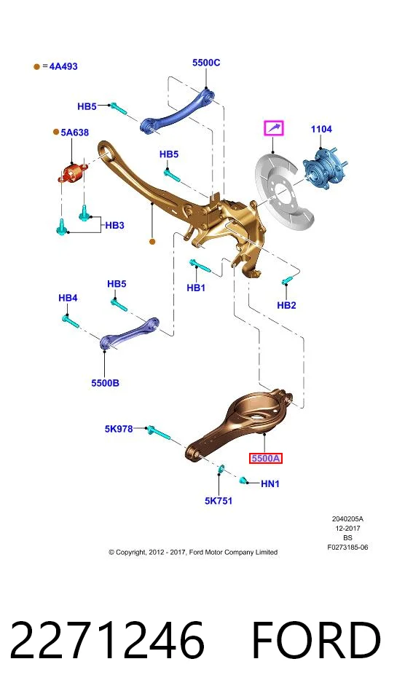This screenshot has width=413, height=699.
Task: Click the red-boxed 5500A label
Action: pos(265,458)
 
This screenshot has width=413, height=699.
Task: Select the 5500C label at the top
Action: pos(206,63)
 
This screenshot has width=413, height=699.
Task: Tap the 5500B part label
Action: pos(106,382)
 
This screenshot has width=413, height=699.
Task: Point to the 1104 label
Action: pos(321,129)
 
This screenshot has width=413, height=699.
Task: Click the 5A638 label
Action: pos(74,133)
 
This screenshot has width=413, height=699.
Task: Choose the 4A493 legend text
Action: pos(63,66)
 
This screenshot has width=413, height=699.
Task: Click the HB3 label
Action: pos(114,225)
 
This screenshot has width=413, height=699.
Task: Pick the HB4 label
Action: pos(68,297)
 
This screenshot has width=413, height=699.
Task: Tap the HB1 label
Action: pos(196,288)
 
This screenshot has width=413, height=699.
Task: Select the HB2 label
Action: pos(286,305)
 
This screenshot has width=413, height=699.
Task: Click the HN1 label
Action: pos(270,483)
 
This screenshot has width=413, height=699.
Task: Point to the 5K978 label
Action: pos(119,428)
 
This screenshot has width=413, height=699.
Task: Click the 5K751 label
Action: pos(219,501)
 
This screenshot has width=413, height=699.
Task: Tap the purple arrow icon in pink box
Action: pos(273,128)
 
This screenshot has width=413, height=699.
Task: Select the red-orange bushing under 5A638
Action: pos(71,172)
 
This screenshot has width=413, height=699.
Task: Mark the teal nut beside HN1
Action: pos(243,480)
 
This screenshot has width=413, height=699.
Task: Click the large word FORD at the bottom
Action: pos(316,640)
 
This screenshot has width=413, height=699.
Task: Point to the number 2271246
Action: pos(107,640)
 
